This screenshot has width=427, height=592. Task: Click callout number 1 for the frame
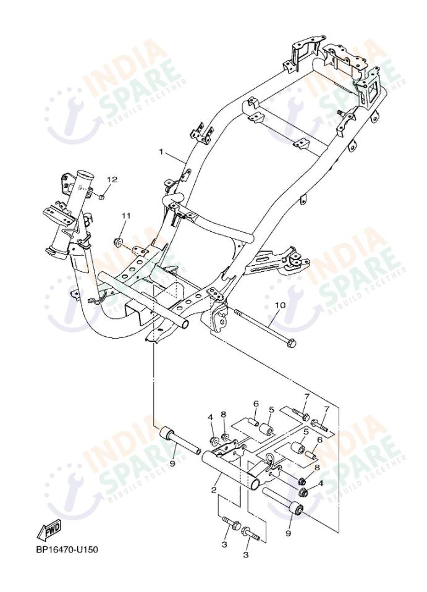(161, 151)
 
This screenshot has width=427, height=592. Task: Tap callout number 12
(111, 180)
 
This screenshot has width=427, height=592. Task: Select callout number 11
(126, 216)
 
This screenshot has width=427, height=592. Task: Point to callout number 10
(280, 305)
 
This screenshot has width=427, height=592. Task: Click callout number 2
(214, 489)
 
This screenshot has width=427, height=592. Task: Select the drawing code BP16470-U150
(67, 549)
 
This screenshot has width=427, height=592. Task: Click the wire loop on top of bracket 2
(269, 459)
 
